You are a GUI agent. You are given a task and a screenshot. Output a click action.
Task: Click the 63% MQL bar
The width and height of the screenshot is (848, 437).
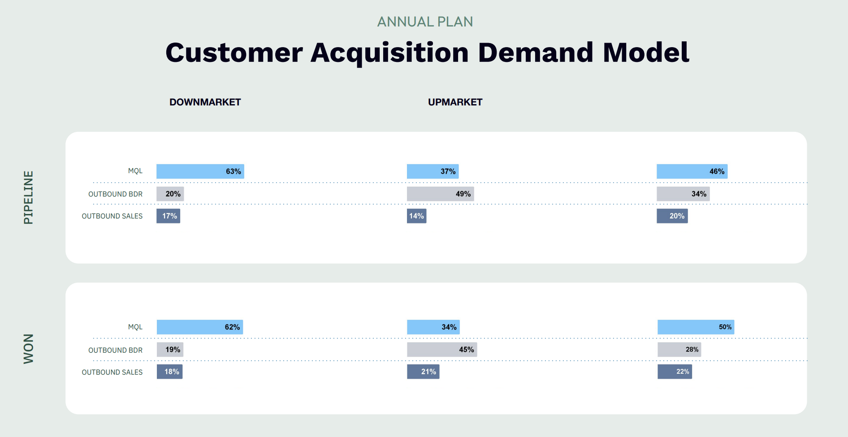tap(200, 171)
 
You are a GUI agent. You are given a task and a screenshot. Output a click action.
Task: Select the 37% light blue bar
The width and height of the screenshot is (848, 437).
tap(433, 171)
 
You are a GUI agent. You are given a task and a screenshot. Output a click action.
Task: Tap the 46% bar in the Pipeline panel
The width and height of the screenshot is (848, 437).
tap(692, 171)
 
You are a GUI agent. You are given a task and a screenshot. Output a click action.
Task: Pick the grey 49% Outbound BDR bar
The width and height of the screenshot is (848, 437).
tap(440, 194)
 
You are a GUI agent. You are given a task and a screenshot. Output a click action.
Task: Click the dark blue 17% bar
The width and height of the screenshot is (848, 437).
tap(168, 216)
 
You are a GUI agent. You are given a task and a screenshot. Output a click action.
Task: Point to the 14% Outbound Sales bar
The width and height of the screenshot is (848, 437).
tap(416, 216)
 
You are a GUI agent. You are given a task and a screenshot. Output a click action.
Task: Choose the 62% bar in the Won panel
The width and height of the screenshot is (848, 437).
tap(200, 327)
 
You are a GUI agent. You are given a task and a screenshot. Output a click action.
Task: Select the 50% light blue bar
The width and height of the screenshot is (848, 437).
tap(696, 327)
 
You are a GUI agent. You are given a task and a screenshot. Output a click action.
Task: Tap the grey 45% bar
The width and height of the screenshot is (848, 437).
tap(442, 350)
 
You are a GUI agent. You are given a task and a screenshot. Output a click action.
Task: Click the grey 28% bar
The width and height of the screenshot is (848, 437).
tap(679, 350)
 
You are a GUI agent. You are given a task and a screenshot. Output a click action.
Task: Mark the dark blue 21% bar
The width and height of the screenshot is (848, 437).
tap(423, 371)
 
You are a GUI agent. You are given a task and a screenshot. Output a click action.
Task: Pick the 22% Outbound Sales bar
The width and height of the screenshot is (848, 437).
tap(675, 371)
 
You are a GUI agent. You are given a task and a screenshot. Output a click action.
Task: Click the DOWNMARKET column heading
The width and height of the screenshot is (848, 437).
tap(205, 102)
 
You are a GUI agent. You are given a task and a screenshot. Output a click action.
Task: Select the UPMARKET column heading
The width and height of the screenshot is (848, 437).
tap(455, 102)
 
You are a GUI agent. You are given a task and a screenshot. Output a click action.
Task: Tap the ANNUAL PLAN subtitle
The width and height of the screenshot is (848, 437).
tap(425, 22)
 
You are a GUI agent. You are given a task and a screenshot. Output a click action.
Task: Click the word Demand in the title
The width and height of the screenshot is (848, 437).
tap(536, 52)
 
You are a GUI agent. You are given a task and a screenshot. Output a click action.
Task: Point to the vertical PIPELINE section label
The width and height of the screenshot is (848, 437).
tap(28, 197)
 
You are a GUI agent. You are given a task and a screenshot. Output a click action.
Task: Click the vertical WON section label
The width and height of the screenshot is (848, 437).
tap(28, 349)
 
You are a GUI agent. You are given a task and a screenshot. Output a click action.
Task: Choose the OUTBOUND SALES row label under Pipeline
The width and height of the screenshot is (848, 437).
tap(112, 216)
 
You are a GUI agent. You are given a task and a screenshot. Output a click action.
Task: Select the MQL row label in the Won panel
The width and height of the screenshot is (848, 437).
tap(135, 327)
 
